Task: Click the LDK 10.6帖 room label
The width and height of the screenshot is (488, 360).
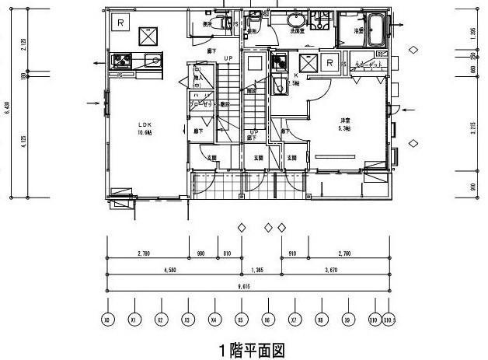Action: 145,127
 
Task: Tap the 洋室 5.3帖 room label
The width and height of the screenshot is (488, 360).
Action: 346,124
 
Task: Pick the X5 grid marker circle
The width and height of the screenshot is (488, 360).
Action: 242,319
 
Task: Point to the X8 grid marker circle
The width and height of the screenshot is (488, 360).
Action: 321,319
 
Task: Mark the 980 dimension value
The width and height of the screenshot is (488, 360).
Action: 200,253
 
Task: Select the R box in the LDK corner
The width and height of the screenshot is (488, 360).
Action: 121,23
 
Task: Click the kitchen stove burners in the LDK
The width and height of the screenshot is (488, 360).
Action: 122,60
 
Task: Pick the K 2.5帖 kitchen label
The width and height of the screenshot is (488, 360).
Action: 294,79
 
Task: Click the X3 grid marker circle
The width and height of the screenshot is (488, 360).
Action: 186,319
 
